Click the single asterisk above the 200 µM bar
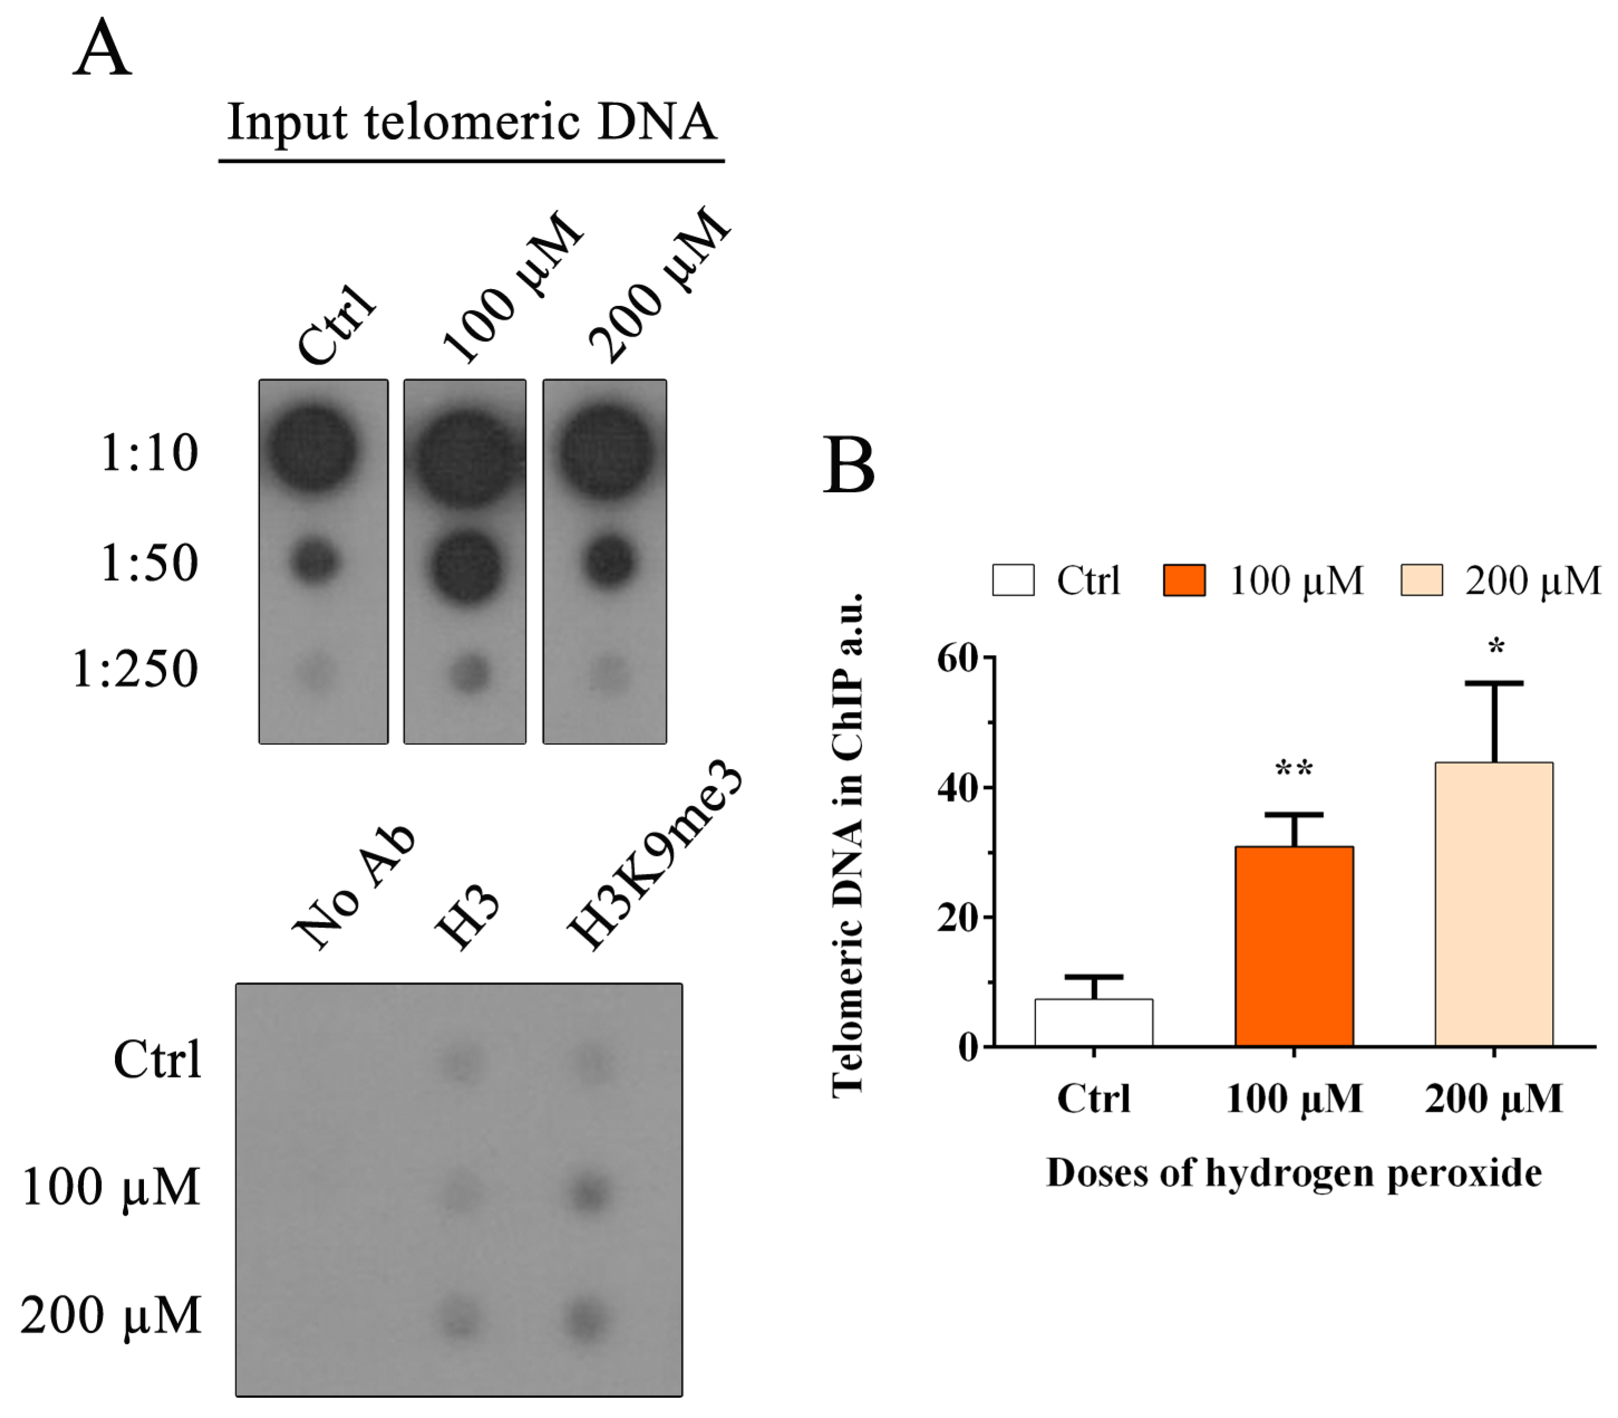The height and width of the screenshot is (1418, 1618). pyautogui.click(x=1495, y=647)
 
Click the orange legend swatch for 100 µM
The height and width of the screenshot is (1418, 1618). pyautogui.click(x=1183, y=579)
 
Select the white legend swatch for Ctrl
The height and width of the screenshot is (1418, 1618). pyautogui.click(x=1013, y=579)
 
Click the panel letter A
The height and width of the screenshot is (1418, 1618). pyautogui.click(x=102, y=49)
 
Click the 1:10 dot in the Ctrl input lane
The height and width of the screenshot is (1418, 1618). pyautogui.click(x=312, y=449)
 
